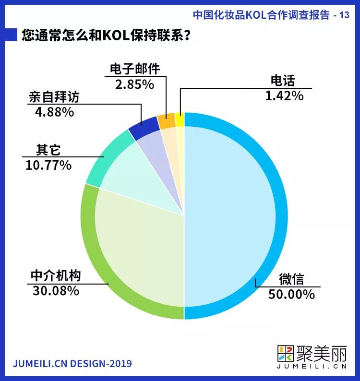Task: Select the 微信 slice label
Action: pos(292,279)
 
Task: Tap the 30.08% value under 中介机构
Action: pos(56,290)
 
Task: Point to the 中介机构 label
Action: pos(56,276)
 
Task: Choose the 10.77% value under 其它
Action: pos(48,165)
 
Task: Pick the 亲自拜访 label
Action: pos(53,98)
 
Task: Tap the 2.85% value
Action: pos(134,84)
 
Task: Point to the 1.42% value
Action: pos(284,95)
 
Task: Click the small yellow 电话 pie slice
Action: pos(180,120)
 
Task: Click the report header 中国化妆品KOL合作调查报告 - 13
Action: pos(271,14)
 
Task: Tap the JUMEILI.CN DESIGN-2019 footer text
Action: pos(72,363)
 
